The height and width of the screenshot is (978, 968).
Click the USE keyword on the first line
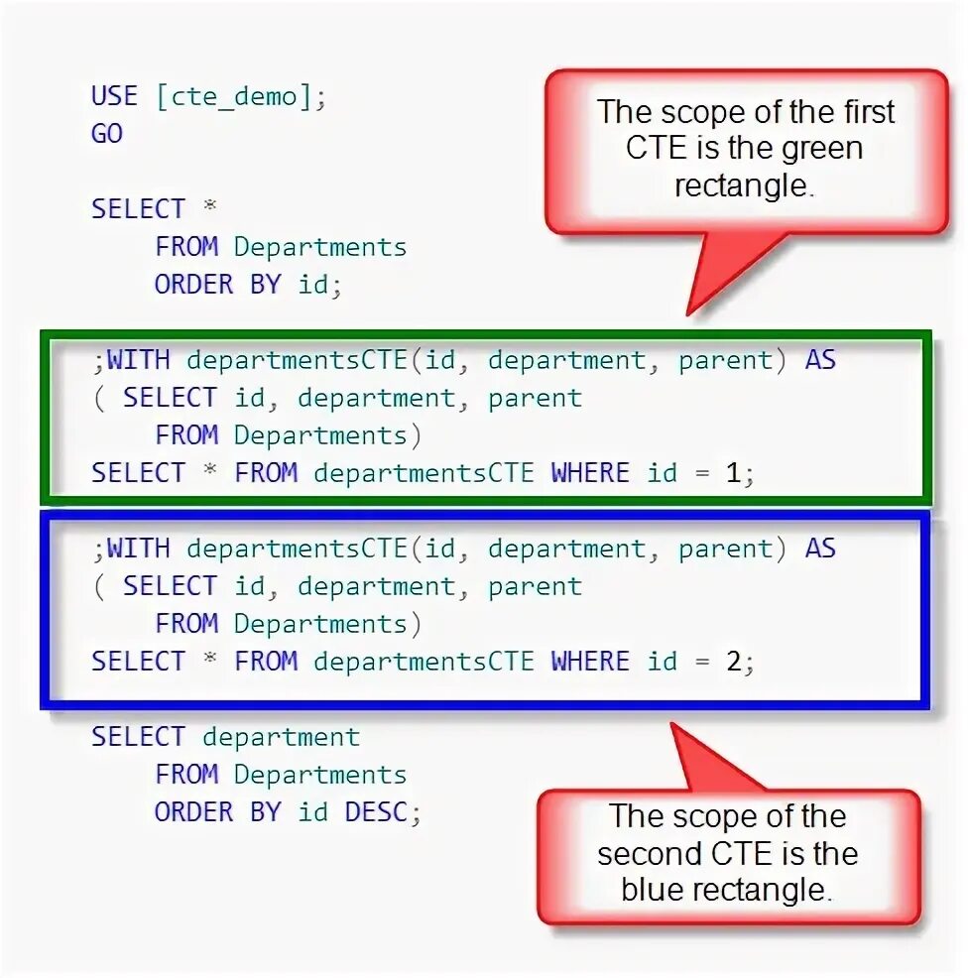coord(114,96)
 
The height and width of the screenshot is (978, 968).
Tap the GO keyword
coord(107,134)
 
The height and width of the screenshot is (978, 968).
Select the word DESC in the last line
coord(376,812)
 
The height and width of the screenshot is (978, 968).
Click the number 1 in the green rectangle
coord(733,473)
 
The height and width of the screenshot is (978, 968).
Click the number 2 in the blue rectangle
coord(733,662)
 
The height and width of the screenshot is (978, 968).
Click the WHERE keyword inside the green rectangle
coord(590,473)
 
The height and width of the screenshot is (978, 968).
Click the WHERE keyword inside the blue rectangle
coord(590,662)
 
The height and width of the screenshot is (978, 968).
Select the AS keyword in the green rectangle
coord(820,360)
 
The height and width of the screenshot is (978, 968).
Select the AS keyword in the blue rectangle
coord(820,549)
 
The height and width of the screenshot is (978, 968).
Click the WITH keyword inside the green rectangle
coord(138,360)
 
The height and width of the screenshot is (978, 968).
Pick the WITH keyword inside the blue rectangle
coord(138,549)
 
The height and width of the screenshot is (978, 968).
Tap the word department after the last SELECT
coord(281,737)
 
